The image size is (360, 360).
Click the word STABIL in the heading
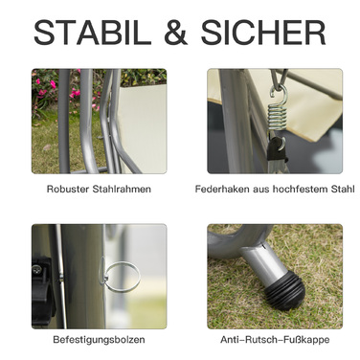[92, 33]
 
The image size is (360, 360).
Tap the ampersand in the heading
[175, 33]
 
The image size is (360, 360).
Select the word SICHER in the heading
[263, 33]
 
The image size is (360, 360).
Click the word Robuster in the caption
[68, 189]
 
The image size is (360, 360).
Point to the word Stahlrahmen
[122, 189]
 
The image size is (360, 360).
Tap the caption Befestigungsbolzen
[99, 340]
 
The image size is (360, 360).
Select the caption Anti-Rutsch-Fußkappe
[275, 340]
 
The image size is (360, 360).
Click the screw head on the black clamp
[37, 270]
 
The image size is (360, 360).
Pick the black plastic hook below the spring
[276, 150]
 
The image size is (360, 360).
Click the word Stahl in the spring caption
[346, 189]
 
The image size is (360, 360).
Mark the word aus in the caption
[261, 189]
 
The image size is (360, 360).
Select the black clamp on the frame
[42, 291]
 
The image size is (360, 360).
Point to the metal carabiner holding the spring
[279, 79]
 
